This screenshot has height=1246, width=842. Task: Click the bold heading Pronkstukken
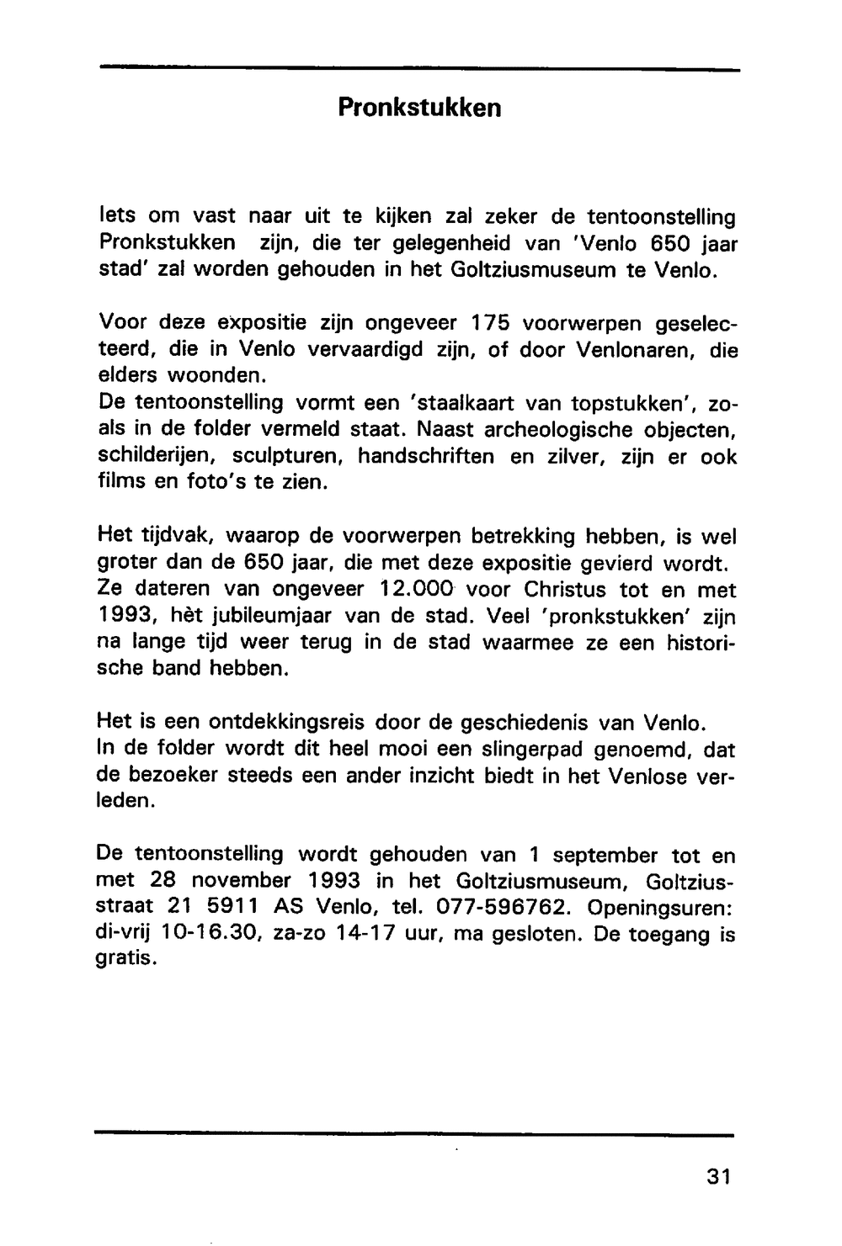pyautogui.click(x=419, y=109)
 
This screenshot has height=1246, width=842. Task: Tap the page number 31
pyautogui.click(x=719, y=1175)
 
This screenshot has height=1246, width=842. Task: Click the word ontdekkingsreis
pyautogui.click(x=285, y=722)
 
